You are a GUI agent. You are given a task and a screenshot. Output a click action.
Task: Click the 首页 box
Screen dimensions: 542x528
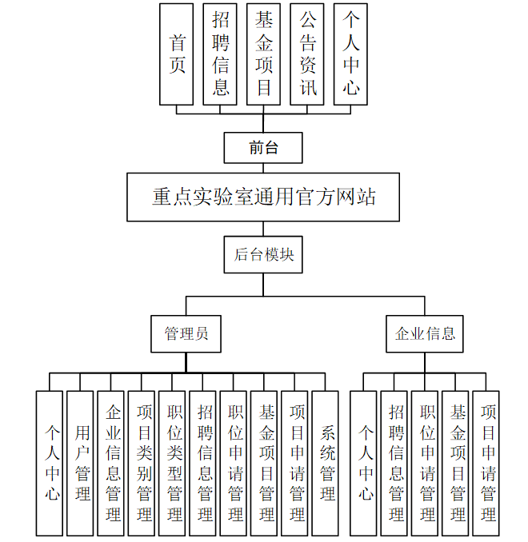click(x=176, y=54)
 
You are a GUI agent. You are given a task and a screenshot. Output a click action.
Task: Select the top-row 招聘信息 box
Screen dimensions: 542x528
click(x=220, y=54)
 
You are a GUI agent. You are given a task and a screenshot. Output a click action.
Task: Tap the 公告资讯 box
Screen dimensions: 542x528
click(x=307, y=54)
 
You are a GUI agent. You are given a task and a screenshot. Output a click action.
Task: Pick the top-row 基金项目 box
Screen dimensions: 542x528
click(x=263, y=54)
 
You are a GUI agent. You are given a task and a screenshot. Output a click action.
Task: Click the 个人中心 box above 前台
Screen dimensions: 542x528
click(x=350, y=54)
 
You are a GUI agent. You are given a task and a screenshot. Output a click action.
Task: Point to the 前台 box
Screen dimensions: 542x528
click(x=263, y=147)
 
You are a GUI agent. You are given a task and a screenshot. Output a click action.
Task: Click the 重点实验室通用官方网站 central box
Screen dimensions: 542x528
click(x=263, y=197)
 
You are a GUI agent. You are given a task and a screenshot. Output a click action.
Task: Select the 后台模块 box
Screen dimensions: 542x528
click(x=263, y=255)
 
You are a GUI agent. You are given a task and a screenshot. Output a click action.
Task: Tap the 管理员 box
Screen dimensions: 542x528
click(x=186, y=333)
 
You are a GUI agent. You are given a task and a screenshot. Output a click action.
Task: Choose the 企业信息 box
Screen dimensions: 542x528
click(x=425, y=333)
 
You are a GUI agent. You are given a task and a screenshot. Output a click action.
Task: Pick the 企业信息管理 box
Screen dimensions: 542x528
click(x=113, y=463)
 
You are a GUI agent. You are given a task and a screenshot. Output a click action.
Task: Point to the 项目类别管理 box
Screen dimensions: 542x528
click(x=143, y=463)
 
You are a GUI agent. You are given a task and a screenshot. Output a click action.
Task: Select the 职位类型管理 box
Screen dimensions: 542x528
click(x=174, y=463)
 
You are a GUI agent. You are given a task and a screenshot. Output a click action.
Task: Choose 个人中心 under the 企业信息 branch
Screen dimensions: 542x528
click(x=365, y=463)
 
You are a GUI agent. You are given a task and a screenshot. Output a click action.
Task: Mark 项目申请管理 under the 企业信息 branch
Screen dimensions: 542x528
click(x=487, y=463)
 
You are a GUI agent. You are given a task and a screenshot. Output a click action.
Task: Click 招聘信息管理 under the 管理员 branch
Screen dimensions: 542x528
click(x=204, y=463)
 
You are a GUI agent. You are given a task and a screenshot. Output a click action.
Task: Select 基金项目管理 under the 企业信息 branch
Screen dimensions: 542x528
click(x=457, y=463)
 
